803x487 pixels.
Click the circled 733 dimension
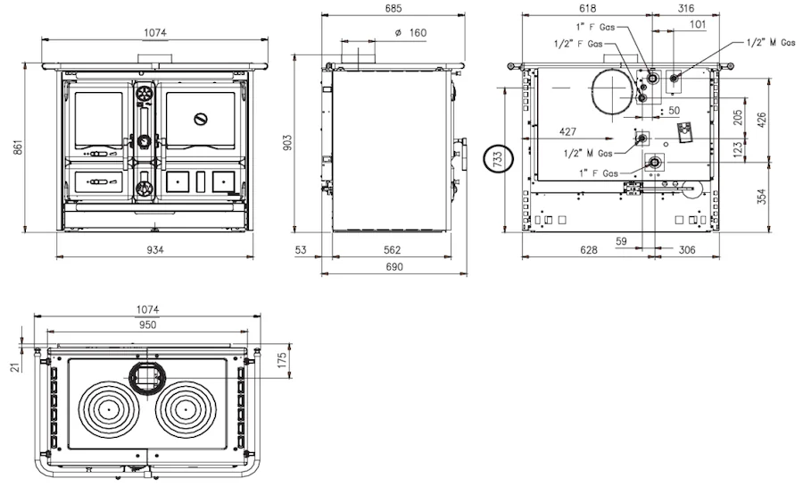click(x=498, y=158)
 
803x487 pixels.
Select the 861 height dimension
click(x=19, y=147)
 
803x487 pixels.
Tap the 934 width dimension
click(x=155, y=249)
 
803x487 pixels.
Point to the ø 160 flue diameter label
click(x=410, y=33)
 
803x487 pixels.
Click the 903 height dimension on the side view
click(x=287, y=142)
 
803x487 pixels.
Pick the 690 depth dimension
click(x=394, y=266)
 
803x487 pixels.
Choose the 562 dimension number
click(x=393, y=249)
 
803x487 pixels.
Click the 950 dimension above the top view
click(x=147, y=324)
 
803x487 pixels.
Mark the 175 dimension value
click(x=282, y=359)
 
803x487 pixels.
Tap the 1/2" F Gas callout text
click(x=578, y=44)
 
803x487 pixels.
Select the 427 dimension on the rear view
click(x=567, y=131)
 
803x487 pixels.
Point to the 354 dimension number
click(x=762, y=197)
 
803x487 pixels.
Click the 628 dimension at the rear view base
click(x=589, y=249)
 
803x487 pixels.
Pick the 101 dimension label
click(x=698, y=24)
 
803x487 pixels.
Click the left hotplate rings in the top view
click(x=109, y=409)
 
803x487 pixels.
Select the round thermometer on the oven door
click(x=201, y=120)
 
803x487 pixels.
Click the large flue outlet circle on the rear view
click(x=614, y=92)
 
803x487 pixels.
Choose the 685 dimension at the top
click(x=393, y=8)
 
